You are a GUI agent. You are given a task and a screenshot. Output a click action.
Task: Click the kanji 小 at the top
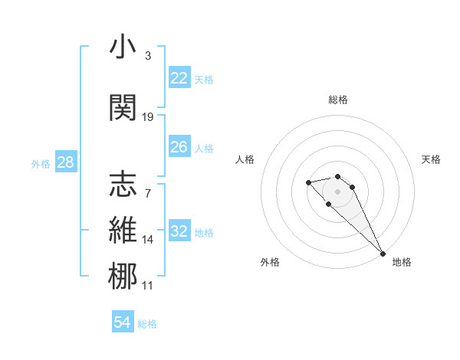[123, 48]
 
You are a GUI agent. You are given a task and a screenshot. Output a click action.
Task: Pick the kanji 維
[123, 231]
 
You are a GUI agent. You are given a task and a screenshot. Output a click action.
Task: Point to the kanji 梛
[123, 276]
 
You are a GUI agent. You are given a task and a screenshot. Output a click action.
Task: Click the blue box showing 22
[179, 78]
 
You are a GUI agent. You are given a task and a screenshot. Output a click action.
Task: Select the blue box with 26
[179, 147]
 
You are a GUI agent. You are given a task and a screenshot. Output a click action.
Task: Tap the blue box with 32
[179, 231]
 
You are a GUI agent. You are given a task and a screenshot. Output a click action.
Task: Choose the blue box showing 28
[65, 162]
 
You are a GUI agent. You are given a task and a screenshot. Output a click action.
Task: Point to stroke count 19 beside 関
[148, 117]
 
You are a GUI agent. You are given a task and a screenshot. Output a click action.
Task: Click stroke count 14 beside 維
[148, 240]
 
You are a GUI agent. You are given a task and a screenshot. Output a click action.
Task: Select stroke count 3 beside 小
[148, 56]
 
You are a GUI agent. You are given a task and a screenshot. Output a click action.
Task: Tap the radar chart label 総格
[338, 100]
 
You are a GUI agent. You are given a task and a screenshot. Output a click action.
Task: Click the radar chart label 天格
[431, 159]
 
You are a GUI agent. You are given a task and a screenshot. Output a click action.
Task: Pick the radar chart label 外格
[270, 262]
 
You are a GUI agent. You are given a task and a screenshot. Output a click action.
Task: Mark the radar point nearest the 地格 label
[383, 254]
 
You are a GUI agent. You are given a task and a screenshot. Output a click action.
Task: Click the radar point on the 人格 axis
[308, 182]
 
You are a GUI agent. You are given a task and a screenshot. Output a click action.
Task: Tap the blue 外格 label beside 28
[41, 163]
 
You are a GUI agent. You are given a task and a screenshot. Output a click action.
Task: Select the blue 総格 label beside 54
[147, 324]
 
